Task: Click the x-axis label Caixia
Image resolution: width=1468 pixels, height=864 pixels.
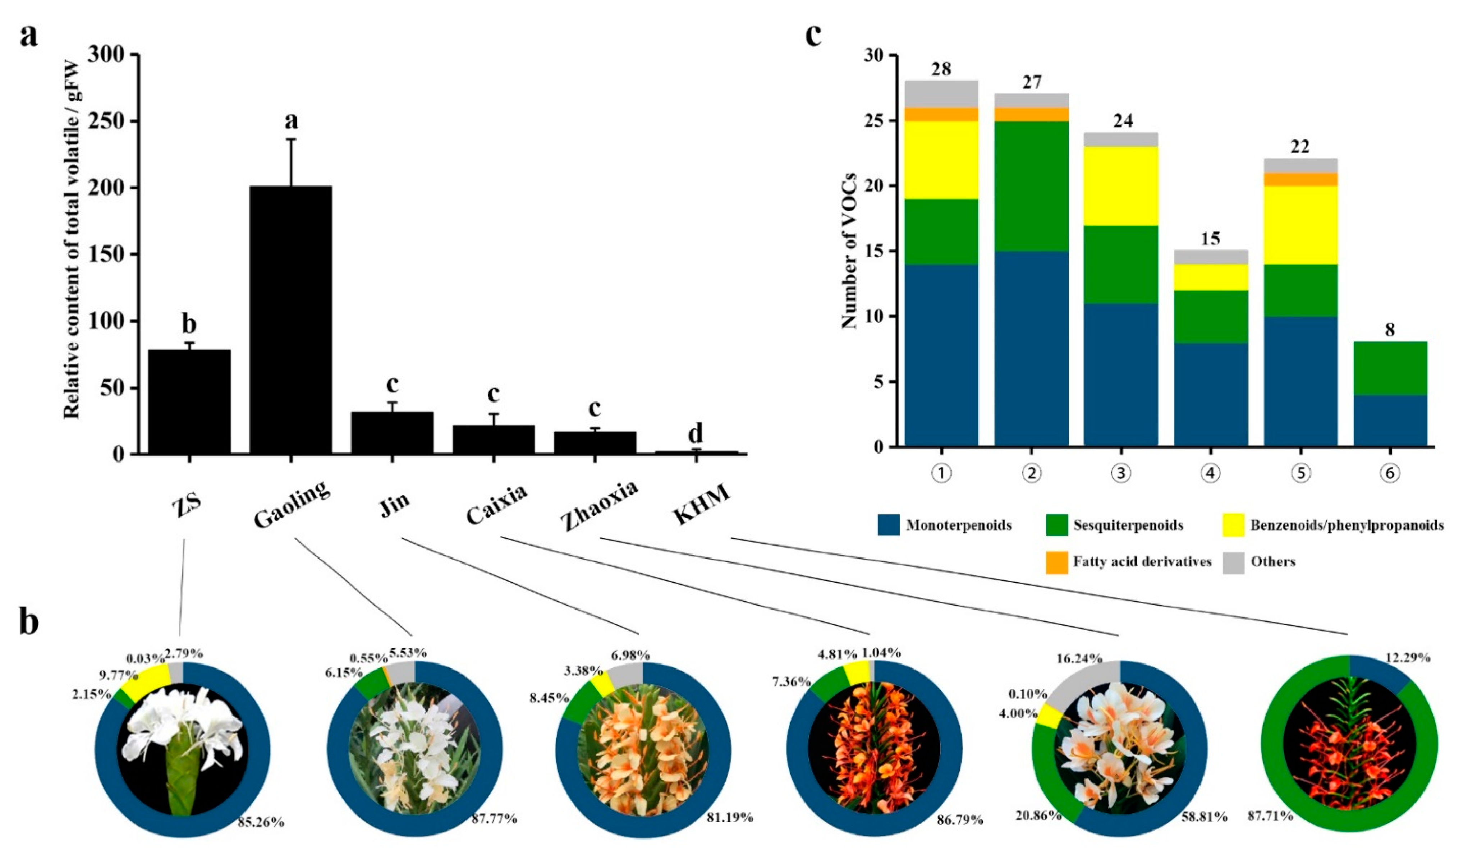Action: (x=497, y=504)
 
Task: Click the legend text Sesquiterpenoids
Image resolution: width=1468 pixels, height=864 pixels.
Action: (x=1128, y=525)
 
